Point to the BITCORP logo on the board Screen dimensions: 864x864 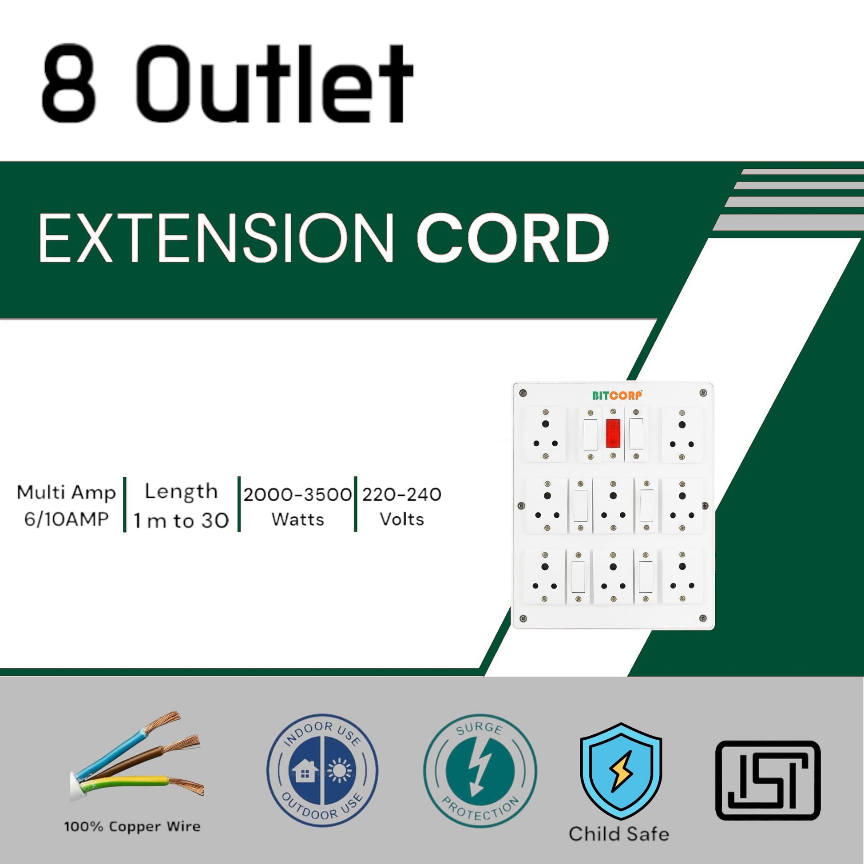pyautogui.click(x=617, y=395)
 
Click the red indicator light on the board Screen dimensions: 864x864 pyautogui.click(x=613, y=433)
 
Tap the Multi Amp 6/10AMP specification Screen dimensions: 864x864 pyautogui.click(x=66, y=506)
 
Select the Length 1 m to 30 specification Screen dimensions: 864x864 pyautogui.click(x=181, y=506)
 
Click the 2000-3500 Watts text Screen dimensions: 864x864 pyautogui.click(x=297, y=506)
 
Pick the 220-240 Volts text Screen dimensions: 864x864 pyautogui.click(x=402, y=506)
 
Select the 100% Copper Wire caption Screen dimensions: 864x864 pyautogui.click(x=132, y=826)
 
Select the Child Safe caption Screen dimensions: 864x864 pyautogui.click(x=619, y=834)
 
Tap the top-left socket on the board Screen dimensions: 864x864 pyautogui.click(x=545, y=434)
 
